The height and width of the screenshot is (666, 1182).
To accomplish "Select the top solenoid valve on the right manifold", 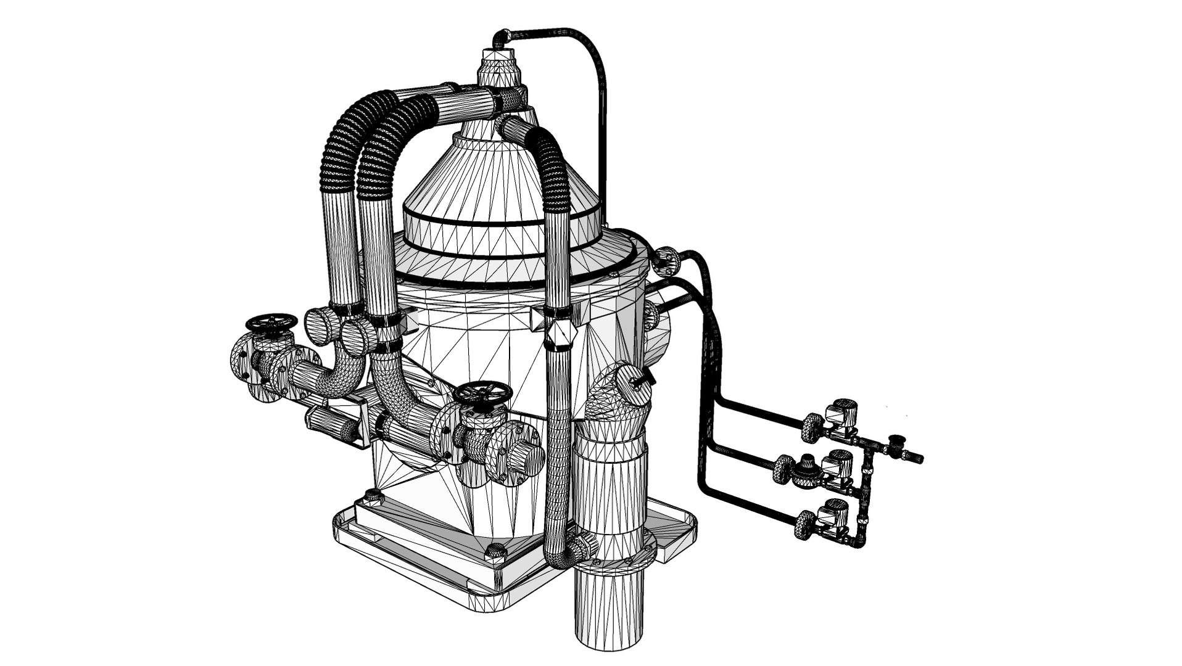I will [840, 411].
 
